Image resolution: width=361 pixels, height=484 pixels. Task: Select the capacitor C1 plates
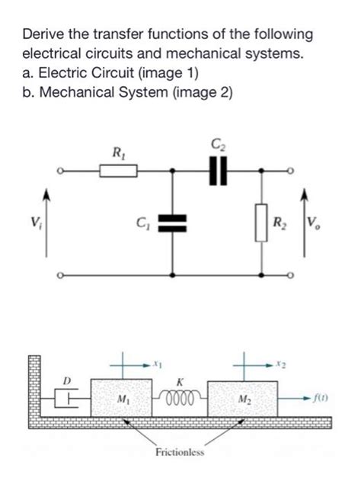point(174,223)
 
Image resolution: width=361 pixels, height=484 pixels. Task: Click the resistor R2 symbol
point(264,223)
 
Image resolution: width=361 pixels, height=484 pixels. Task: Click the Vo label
point(315,223)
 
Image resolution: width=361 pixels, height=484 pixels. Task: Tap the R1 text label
point(119,153)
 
